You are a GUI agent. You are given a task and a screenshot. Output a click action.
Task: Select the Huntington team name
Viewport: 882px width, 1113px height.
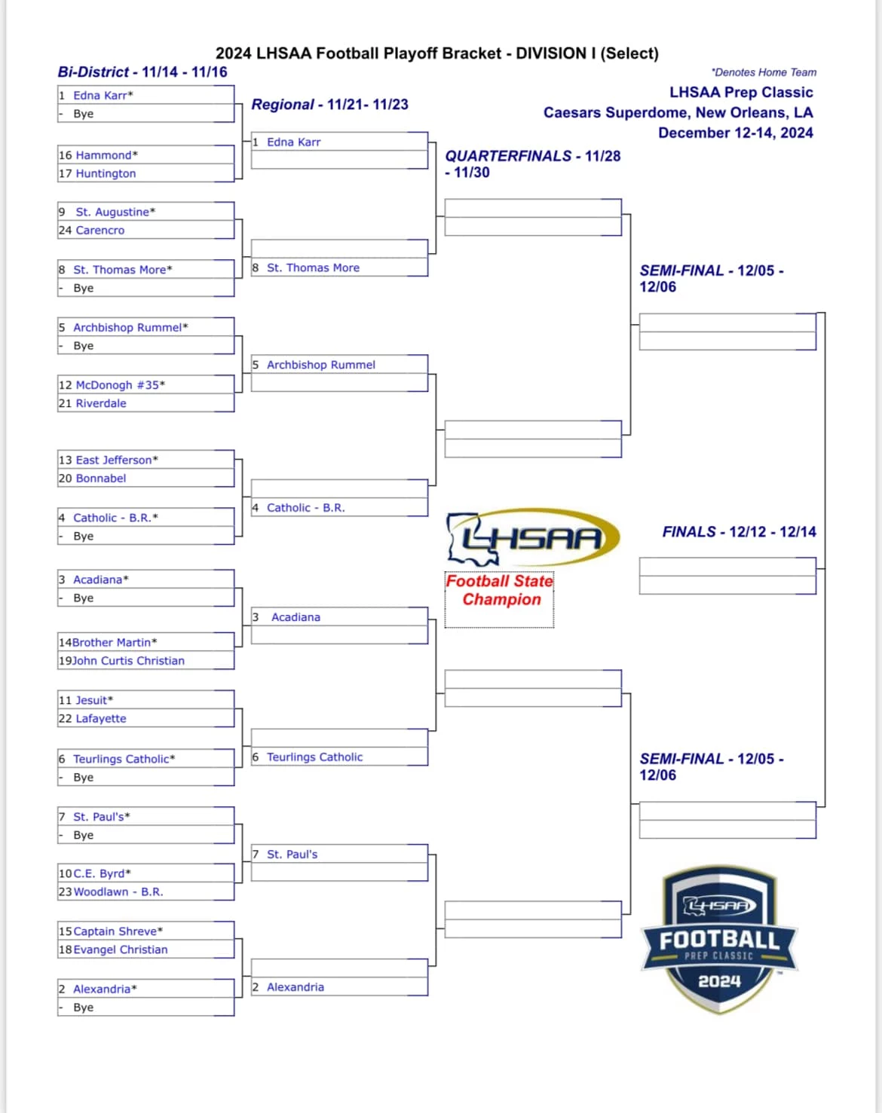[106, 174]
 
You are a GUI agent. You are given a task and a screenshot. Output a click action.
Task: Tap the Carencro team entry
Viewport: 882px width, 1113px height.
[100, 231]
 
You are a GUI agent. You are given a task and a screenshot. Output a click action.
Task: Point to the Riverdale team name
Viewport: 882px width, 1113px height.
[101, 403]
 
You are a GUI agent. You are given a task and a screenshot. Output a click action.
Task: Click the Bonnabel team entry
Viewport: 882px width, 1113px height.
[101, 479]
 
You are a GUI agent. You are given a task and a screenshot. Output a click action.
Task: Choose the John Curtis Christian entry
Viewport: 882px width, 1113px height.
[128, 661]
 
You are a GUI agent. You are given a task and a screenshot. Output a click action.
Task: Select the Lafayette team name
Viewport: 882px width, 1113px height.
[101, 719]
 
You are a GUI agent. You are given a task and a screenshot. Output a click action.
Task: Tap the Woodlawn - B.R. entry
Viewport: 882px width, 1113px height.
[118, 892]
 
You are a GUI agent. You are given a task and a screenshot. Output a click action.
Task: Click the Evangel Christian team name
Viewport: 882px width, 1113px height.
[121, 950]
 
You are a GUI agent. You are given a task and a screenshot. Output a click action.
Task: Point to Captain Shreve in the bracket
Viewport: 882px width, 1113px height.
[118, 931]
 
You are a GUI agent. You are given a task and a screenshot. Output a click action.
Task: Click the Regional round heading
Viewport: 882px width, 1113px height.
[329, 105]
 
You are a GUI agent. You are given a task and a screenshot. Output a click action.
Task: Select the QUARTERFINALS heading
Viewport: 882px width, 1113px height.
[533, 164]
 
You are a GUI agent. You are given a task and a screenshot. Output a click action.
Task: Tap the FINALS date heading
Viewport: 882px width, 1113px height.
[739, 532]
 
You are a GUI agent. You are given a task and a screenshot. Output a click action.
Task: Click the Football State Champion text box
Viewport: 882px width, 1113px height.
[500, 600]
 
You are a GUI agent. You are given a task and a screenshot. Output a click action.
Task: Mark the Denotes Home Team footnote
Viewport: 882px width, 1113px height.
[764, 72]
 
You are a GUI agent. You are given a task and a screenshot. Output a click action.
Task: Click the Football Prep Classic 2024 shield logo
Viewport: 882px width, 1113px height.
[719, 940]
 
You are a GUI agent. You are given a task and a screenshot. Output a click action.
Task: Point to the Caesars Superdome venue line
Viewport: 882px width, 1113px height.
[678, 113]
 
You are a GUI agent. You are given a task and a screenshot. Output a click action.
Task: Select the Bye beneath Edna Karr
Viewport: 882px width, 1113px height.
[84, 114]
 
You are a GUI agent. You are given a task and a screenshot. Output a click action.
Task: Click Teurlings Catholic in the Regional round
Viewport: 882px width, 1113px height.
[314, 757]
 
